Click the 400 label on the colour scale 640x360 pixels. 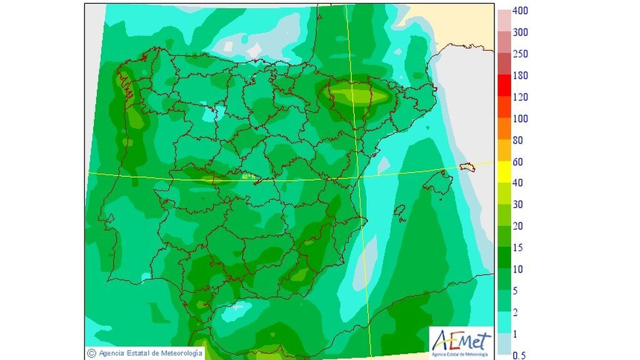click(x=520, y=11)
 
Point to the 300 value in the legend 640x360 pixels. click(x=520, y=32)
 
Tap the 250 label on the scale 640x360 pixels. click(x=520, y=54)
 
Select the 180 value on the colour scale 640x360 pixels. click(x=520, y=76)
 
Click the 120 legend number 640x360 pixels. click(x=520, y=97)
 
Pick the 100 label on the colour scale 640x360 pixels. click(x=520, y=119)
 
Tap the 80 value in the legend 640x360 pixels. click(x=517, y=140)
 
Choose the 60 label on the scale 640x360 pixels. click(x=517, y=162)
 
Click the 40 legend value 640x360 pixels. click(x=517, y=183)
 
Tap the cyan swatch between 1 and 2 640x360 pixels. click(x=503, y=323)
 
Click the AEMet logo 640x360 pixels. click(x=459, y=342)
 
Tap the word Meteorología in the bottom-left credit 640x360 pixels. click(x=181, y=354)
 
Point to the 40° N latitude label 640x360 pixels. click(x=249, y=177)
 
